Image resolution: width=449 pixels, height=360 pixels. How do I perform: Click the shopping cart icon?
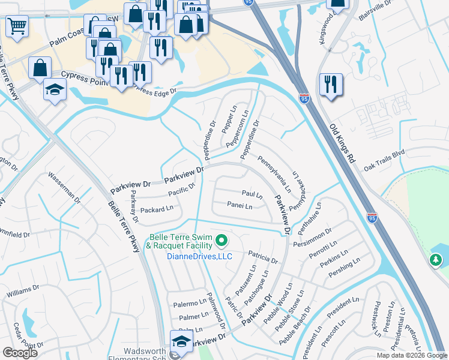(x=17, y=25)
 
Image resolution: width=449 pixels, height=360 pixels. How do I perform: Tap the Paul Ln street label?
(x=252, y=194)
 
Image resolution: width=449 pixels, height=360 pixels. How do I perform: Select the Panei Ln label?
(x=240, y=206)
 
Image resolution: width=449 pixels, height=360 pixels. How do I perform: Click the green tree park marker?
(x=435, y=260)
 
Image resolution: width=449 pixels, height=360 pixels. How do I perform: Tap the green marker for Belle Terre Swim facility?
(x=221, y=241)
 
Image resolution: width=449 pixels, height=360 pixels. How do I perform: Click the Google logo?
(x=20, y=353)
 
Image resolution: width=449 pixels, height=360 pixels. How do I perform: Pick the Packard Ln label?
(x=156, y=210)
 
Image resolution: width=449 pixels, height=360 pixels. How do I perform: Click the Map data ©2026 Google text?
(x=411, y=355)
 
